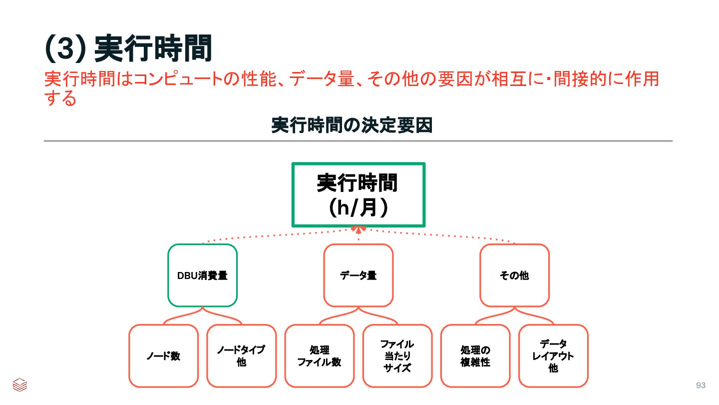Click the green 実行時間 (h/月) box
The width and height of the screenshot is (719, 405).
359,195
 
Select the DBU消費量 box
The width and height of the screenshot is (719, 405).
203,275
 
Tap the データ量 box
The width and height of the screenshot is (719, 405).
359,275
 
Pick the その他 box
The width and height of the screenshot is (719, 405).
514,275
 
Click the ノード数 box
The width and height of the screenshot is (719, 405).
163,356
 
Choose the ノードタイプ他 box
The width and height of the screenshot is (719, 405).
241,356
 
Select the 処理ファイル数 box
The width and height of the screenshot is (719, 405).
320,356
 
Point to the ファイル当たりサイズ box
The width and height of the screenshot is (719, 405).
397,356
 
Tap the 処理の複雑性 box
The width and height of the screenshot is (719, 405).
475,356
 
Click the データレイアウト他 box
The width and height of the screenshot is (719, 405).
553,356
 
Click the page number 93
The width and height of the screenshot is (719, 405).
701,385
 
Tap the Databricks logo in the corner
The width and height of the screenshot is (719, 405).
19,385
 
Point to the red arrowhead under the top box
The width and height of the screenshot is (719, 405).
359,229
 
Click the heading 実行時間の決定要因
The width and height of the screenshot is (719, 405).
352,125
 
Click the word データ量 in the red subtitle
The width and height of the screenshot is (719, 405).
322,79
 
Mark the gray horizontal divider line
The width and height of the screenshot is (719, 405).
358,141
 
